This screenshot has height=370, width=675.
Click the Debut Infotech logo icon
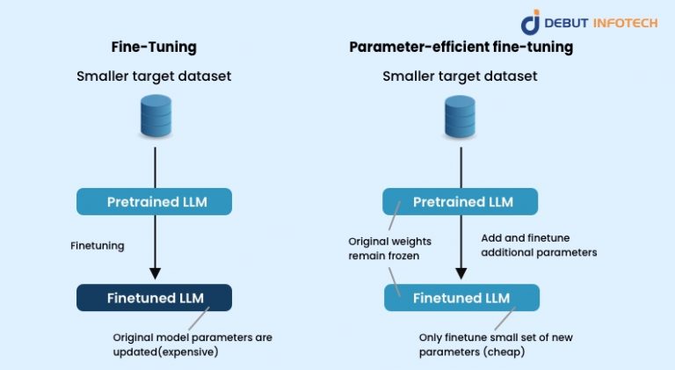tap(530, 21)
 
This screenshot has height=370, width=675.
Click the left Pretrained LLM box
tap(155, 201)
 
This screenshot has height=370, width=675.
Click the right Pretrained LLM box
tap(460, 201)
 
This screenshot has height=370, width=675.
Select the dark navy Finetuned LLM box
tap(155, 297)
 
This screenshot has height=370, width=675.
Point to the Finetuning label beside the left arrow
tap(97, 246)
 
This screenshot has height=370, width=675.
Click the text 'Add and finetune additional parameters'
tap(539, 244)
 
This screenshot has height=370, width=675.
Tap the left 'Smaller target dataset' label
tap(155, 76)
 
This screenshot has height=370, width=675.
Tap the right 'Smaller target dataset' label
tap(460, 76)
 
